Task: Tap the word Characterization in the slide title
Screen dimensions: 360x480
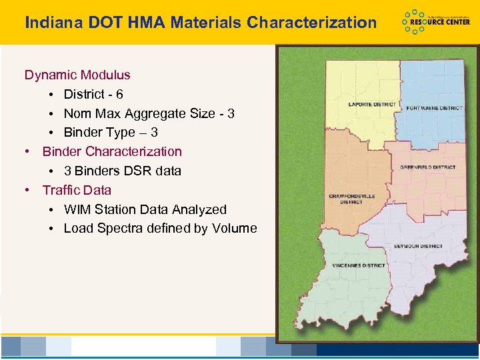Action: click(x=311, y=23)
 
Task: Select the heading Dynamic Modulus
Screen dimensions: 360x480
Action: click(x=77, y=75)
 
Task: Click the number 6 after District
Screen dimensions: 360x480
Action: click(x=119, y=95)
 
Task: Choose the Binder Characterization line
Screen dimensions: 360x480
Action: click(x=112, y=152)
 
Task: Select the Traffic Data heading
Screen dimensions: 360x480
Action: click(x=77, y=191)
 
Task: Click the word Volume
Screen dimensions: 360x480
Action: click(x=234, y=229)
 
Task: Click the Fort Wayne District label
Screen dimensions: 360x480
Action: click(x=434, y=108)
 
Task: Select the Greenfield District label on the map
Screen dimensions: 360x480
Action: click(x=428, y=167)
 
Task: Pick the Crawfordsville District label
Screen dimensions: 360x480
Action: click(x=351, y=199)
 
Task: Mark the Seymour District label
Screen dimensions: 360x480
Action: click(x=418, y=247)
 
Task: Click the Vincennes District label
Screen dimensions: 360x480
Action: click(x=359, y=265)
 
